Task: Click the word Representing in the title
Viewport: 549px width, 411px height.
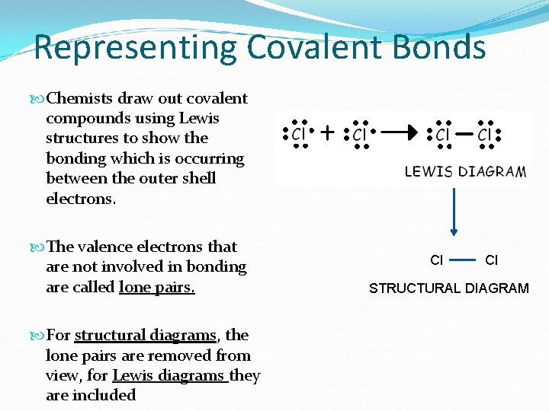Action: (135, 47)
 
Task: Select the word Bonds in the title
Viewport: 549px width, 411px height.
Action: (440, 47)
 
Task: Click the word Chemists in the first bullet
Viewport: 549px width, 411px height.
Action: (80, 98)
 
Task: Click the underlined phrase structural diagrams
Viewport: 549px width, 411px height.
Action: (146, 336)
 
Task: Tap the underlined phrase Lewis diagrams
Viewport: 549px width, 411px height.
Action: (169, 375)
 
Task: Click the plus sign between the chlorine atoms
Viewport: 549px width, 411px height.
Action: (327, 134)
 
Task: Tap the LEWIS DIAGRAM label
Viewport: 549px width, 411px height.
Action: (464, 171)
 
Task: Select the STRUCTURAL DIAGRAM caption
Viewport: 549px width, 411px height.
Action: (448, 288)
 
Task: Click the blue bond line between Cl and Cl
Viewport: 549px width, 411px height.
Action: (464, 260)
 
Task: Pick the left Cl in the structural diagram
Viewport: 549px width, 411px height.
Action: (437, 260)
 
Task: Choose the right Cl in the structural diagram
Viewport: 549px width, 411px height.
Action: (491, 260)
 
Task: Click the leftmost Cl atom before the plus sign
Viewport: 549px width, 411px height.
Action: (299, 134)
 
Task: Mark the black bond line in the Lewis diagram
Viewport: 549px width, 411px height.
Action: (462, 133)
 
